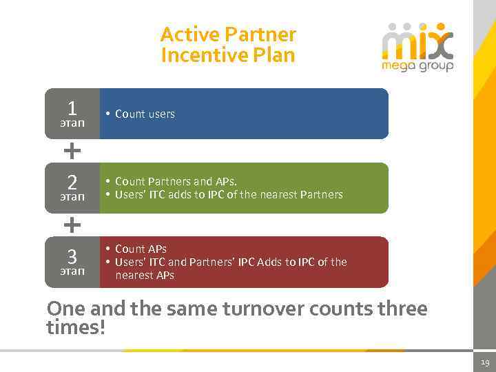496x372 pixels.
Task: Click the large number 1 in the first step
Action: (72, 108)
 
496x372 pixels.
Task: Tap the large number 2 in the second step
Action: (72, 183)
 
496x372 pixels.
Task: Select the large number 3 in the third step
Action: (72, 257)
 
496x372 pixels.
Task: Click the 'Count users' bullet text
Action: (145, 114)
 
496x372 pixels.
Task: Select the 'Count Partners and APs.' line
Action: (176, 181)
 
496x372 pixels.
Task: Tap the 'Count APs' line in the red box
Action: (141, 249)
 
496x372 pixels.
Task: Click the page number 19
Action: (484, 362)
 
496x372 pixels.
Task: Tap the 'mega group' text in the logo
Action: (418, 67)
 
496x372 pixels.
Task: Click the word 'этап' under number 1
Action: (72, 123)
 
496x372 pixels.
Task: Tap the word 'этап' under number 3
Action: (72, 271)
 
